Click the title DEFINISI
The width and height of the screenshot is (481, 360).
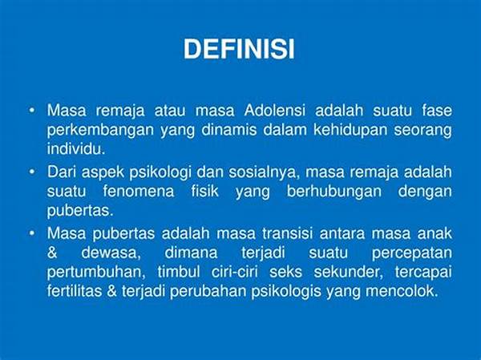(x=239, y=50)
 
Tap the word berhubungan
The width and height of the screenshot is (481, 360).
(x=317, y=192)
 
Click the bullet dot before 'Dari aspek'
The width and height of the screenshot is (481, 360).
(x=31, y=172)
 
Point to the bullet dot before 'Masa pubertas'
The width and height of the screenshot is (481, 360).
(x=31, y=233)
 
